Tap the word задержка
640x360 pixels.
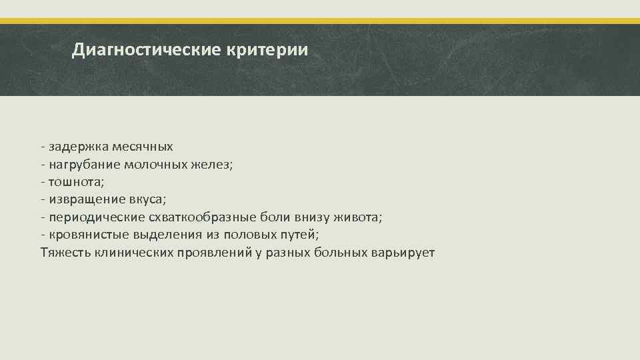point(74,146)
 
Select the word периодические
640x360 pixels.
point(91,217)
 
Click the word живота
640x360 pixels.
point(360,217)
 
